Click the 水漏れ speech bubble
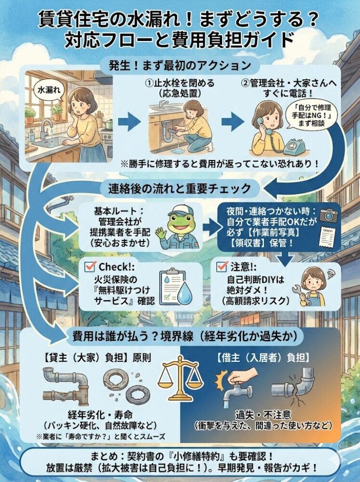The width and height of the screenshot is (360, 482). pos(49,90)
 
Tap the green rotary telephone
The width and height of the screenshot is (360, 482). pos(294,148)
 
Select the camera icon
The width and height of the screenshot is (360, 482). pos(328,214)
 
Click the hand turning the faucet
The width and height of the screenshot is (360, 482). pos(242,376)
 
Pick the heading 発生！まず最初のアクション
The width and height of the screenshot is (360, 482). pos(180,65)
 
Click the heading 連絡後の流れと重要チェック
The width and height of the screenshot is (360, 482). pos(180,188)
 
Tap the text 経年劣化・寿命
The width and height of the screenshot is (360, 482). pos(100,415)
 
